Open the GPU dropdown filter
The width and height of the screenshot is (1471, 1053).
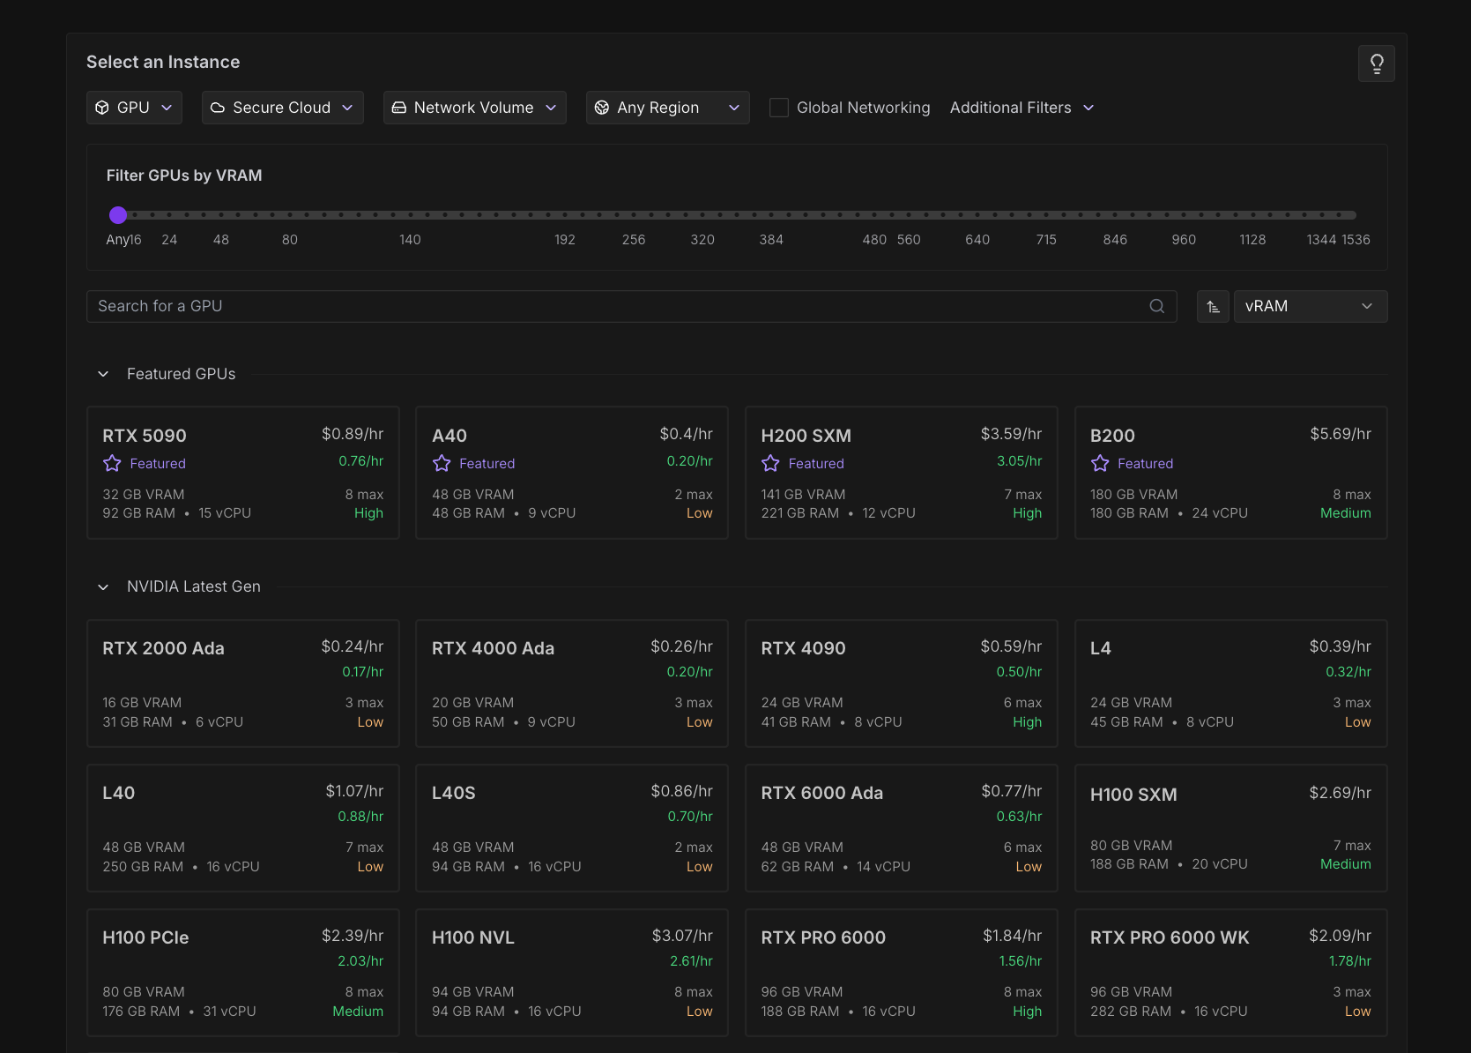point(134,108)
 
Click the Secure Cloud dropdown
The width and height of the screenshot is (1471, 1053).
point(282,108)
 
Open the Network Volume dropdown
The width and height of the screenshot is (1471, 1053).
point(474,108)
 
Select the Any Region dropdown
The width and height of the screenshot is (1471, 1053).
point(667,108)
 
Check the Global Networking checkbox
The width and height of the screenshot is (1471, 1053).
point(779,108)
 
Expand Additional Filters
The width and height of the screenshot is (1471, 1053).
point(1022,108)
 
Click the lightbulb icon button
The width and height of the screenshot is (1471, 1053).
point(1376,63)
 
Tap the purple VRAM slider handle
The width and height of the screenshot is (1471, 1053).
point(118,215)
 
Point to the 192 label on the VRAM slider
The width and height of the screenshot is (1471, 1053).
point(565,240)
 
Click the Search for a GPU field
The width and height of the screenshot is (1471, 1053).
point(617,306)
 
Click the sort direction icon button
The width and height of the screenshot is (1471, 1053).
point(1213,306)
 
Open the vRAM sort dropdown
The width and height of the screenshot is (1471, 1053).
point(1310,306)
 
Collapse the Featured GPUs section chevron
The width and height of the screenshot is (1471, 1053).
point(103,374)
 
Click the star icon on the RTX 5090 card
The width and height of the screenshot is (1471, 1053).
point(112,464)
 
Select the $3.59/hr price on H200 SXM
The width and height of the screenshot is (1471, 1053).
point(1011,434)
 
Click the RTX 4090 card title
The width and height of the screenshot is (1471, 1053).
point(803,648)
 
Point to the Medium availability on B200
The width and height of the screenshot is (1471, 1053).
point(1345,513)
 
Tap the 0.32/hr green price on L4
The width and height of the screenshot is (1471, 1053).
point(1348,672)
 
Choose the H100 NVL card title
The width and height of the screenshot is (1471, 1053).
point(472,937)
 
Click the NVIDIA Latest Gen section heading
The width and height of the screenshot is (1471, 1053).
point(194,586)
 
